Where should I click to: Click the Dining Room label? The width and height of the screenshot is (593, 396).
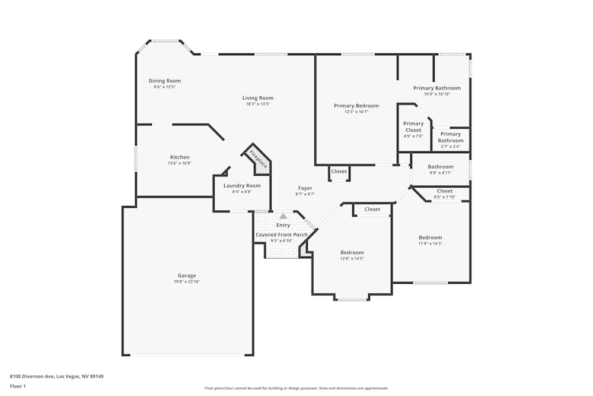(165, 81)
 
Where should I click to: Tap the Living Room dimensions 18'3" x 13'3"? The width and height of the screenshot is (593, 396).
(258, 104)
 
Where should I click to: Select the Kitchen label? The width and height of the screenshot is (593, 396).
(180, 157)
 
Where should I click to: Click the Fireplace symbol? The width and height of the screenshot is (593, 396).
(258, 160)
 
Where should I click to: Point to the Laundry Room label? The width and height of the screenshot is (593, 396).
(242, 186)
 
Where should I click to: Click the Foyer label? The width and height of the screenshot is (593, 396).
(305, 188)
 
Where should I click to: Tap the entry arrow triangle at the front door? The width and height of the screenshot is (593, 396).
(283, 216)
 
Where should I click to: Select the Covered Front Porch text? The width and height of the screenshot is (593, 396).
(282, 235)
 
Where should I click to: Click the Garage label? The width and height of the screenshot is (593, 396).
(187, 275)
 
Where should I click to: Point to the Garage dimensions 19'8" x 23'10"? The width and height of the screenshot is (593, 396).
(187, 281)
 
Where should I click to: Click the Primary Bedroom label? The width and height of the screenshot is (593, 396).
(356, 106)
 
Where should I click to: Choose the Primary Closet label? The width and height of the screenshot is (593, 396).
(413, 127)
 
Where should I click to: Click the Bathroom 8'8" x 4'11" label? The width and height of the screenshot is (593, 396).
(441, 167)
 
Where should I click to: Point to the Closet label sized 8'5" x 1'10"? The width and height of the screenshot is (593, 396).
(445, 191)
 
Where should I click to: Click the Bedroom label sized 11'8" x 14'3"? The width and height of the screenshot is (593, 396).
(431, 237)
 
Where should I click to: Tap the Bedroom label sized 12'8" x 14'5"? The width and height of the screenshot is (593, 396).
(352, 252)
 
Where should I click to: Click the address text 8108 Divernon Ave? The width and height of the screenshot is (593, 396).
(52, 376)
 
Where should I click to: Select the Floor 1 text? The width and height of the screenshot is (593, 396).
(18, 386)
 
